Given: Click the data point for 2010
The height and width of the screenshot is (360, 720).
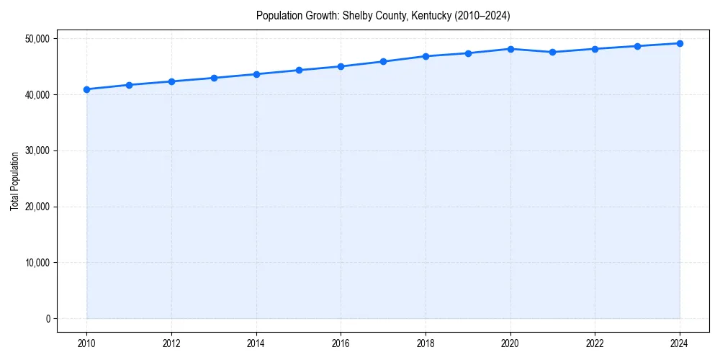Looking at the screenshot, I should point(86,89).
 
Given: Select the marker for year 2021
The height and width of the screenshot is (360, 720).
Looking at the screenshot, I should point(552,52).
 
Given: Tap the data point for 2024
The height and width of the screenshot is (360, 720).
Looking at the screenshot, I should point(680,43).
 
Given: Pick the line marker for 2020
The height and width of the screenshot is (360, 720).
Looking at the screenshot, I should point(510,49).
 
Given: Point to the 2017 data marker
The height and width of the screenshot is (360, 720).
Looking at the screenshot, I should point(383,61).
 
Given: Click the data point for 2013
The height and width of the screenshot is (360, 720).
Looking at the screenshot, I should point(214,78).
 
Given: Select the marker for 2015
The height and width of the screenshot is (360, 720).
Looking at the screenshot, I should point(299,70).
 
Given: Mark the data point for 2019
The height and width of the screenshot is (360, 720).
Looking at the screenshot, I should point(468,53).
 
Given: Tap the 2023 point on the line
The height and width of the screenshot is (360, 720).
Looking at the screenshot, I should point(637,46).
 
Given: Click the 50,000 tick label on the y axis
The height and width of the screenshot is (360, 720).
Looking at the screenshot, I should point(37,39).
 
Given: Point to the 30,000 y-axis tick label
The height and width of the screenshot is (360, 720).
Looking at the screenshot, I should point(37,150).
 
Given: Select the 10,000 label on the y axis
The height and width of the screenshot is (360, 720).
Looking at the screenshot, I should point(37,263).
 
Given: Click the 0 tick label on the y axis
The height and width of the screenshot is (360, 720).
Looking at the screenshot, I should point(47,319).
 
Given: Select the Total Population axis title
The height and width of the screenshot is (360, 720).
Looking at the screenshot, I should point(14,181).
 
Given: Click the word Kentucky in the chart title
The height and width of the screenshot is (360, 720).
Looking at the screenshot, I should point(429,16).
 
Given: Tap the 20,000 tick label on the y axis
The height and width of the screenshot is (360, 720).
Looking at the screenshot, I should point(37,207).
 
